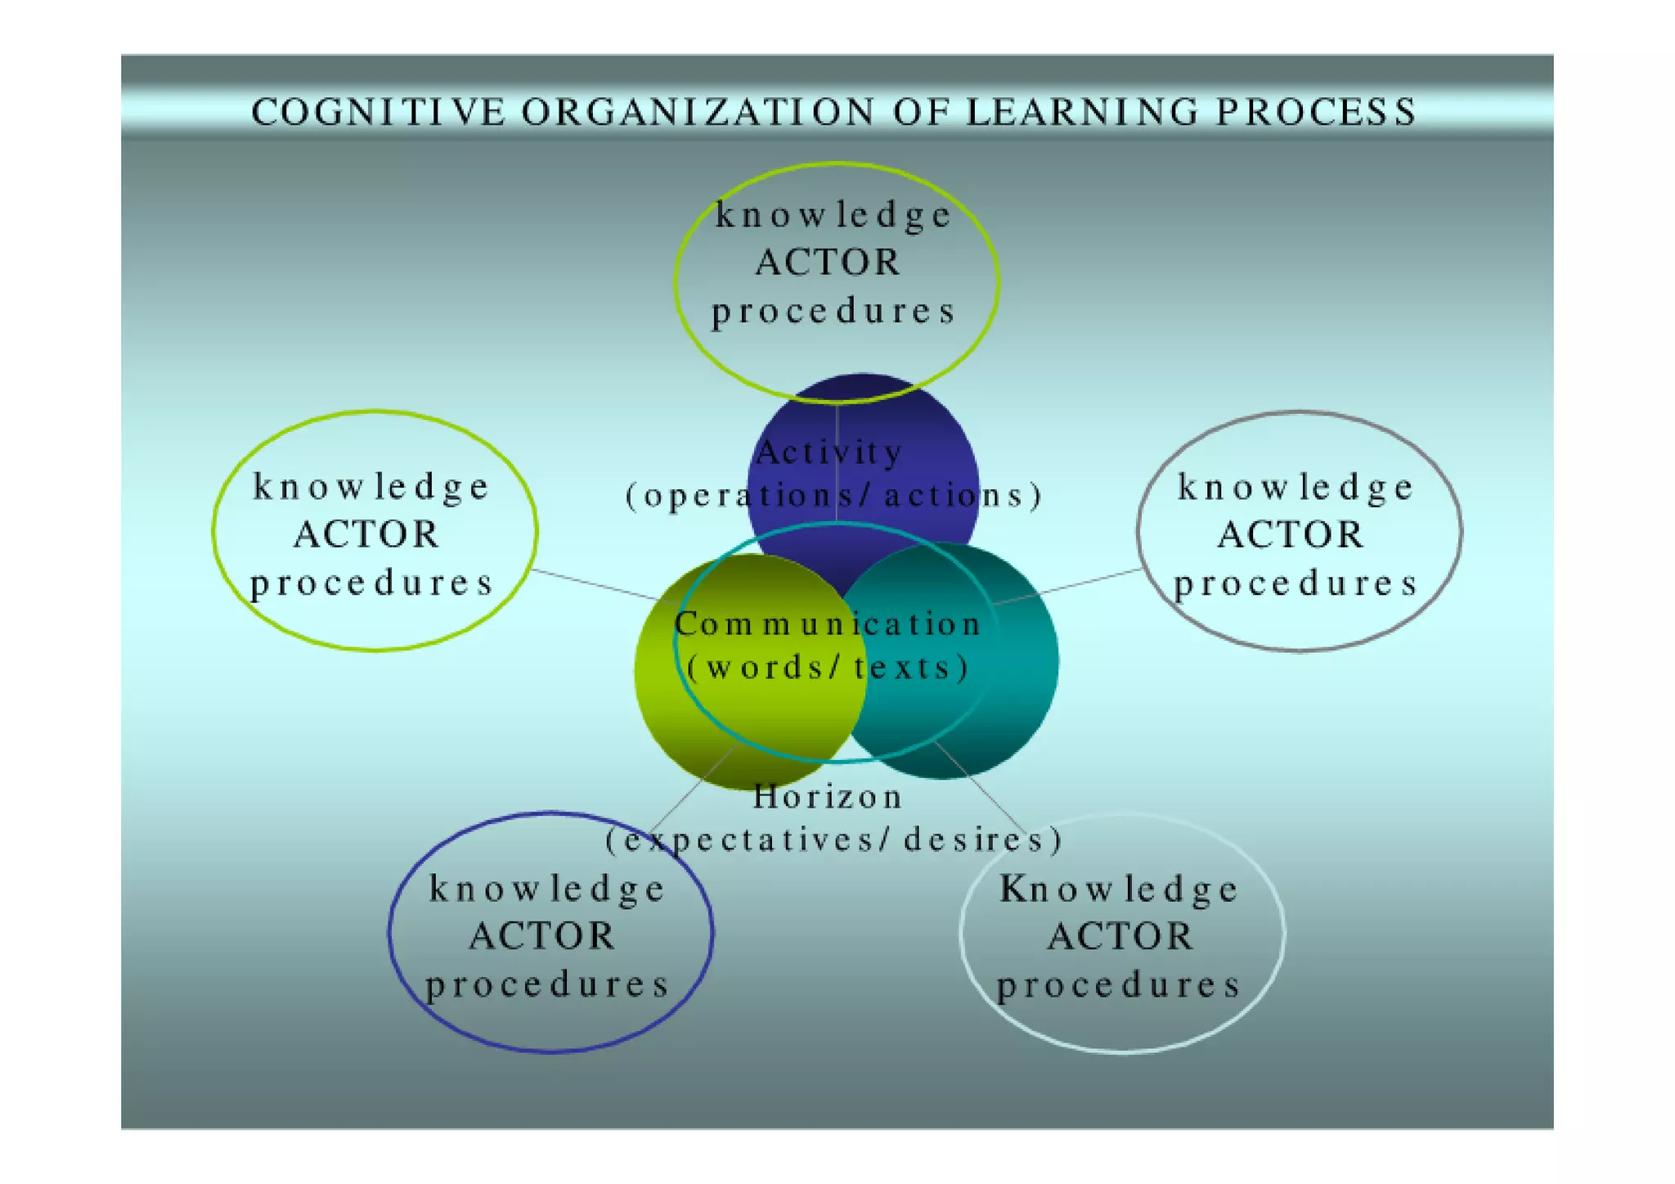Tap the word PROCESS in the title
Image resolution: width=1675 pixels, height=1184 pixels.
[x=1316, y=112]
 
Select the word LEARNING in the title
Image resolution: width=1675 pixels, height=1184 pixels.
[x=1082, y=112]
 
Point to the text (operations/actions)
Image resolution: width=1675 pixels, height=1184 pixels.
[x=833, y=496]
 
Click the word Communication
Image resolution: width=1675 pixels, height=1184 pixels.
[x=828, y=624]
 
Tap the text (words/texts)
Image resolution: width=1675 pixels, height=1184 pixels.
[x=829, y=668]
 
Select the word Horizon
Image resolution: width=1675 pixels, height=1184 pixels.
[x=828, y=796]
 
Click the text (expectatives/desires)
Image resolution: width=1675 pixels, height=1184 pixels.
[x=833, y=840]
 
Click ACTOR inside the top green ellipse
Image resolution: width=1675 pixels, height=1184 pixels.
[x=828, y=263]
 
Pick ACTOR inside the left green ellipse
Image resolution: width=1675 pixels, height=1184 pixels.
[x=366, y=534]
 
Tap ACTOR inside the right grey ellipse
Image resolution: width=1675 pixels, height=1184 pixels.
[x=1291, y=534]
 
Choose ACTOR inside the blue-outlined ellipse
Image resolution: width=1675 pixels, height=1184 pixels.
[x=542, y=936]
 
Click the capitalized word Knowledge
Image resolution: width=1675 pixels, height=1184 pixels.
[x=1119, y=889]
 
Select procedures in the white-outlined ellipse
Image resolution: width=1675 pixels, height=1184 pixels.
[x=1119, y=985]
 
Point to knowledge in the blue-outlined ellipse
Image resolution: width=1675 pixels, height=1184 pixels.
[x=548, y=889]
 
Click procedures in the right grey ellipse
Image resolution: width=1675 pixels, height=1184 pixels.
[x=1296, y=583]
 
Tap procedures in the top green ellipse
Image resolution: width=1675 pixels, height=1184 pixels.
[x=833, y=312]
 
